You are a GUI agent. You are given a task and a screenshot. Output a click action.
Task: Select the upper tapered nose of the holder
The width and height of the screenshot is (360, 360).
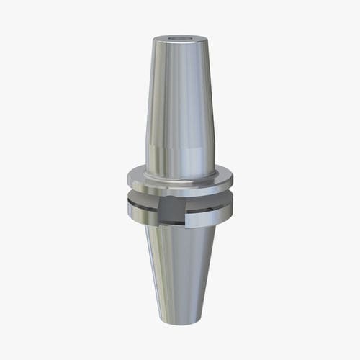[179, 94]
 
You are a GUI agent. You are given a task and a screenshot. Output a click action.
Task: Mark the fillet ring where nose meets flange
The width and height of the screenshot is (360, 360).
[179, 176]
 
